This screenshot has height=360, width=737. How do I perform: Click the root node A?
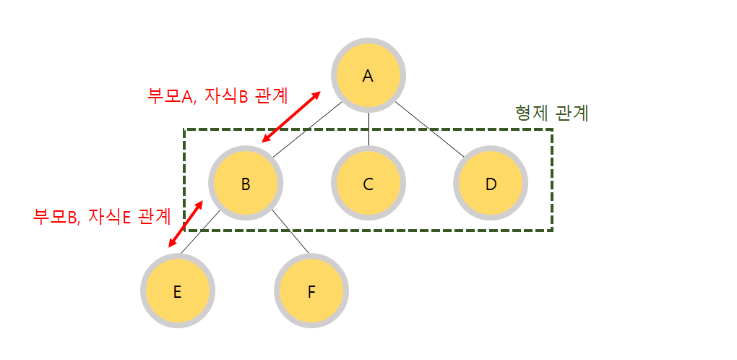click(x=368, y=75)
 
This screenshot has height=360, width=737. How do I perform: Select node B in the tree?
click(x=246, y=184)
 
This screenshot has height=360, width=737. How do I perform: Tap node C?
click(x=368, y=184)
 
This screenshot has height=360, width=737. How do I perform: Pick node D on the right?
click(x=491, y=184)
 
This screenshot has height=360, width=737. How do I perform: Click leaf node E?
click(x=177, y=292)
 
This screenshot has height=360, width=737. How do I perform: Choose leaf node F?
click(x=311, y=292)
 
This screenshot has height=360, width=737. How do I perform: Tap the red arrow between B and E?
click(x=186, y=220)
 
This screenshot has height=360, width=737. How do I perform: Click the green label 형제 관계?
click(x=552, y=113)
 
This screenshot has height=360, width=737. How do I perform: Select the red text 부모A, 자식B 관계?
click(x=217, y=95)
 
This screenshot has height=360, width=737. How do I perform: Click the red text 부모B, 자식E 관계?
click(x=102, y=215)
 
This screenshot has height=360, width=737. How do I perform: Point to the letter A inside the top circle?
click(x=368, y=75)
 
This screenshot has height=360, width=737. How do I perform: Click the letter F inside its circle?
click(x=311, y=292)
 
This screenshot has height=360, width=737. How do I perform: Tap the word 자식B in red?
click(x=226, y=95)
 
